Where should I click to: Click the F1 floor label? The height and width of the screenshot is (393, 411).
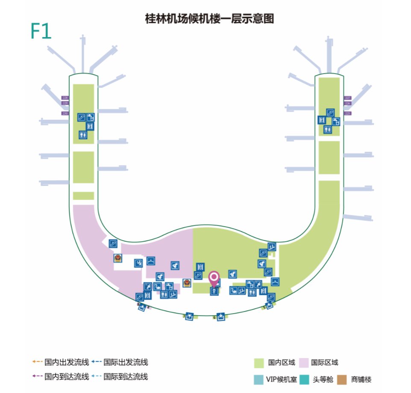pyautogui.click(x=41, y=31)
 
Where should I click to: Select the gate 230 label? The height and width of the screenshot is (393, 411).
pyautogui.click(x=65, y=113)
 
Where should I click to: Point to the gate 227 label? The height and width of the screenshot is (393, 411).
pyautogui.click(x=348, y=98)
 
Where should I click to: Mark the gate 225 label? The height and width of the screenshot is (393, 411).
pyautogui.click(x=348, y=113)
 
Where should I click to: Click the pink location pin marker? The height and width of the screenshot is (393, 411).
pyautogui.click(x=214, y=278)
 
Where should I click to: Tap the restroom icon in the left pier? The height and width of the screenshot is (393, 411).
pyautogui.click(x=83, y=135)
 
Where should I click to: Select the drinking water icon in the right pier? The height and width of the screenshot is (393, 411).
pyautogui.click(x=336, y=121)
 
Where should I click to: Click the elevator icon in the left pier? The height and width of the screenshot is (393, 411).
pyautogui.click(x=90, y=126)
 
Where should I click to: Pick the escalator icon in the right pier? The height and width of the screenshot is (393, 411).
pyautogui.click(x=330, y=113)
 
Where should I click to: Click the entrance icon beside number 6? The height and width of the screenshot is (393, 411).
pyautogui.click(x=220, y=317)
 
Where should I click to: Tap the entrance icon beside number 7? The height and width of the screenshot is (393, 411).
pyautogui.click(x=189, y=316)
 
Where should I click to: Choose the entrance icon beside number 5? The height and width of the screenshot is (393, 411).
pyautogui.click(x=270, y=305)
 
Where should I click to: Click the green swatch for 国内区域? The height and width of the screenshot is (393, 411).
pyautogui.click(x=259, y=363)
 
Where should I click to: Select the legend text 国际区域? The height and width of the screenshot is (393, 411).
pyautogui.click(x=324, y=363)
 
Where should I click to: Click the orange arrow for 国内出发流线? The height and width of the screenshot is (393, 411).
pyautogui.click(x=38, y=363)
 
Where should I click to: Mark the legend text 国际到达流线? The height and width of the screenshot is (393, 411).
pyautogui.click(x=133, y=377)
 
